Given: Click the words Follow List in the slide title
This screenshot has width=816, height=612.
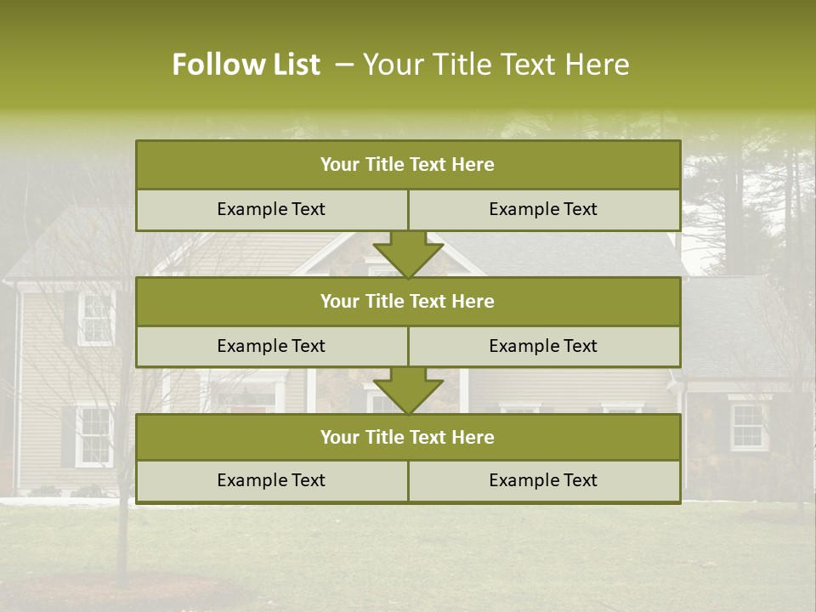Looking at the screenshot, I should click(x=246, y=65).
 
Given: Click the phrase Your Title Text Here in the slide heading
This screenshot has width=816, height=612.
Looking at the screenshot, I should click(x=496, y=65).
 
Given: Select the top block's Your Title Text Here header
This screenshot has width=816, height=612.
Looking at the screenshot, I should click(x=407, y=165).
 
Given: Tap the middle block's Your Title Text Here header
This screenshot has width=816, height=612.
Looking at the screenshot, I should click(x=407, y=301).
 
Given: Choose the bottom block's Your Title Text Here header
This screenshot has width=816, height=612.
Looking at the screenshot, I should click(x=407, y=437).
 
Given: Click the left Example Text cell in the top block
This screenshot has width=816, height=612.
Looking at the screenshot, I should click(x=271, y=209).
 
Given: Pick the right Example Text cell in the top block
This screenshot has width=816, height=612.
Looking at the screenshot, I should click(x=543, y=209).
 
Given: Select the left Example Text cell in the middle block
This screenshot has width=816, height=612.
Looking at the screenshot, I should click(x=271, y=346).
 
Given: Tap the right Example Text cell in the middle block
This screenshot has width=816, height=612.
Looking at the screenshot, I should click(x=543, y=346).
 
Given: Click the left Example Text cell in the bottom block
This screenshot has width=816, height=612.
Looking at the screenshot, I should click(x=271, y=480).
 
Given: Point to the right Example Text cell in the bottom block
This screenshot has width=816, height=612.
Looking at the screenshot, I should click(x=543, y=480).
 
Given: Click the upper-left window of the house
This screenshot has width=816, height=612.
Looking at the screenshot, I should click(x=96, y=319).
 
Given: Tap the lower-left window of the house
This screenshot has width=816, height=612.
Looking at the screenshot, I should click(x=94, y=436).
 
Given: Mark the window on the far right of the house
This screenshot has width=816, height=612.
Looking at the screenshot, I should click(x=748, y=427).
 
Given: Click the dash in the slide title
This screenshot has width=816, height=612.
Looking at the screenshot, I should click(x=344, y=65).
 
